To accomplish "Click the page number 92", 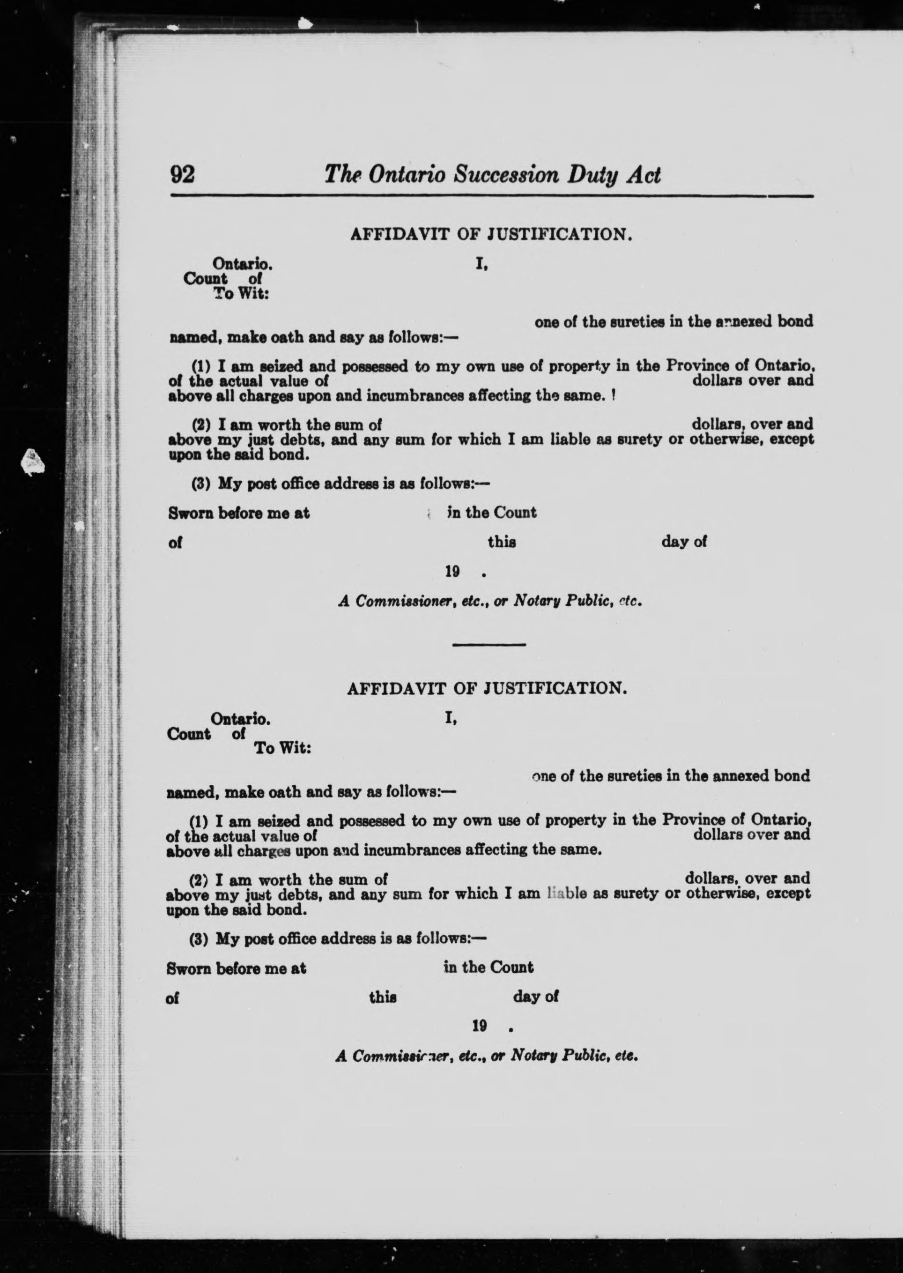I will point(182,175).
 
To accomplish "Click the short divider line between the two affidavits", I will point(489,645).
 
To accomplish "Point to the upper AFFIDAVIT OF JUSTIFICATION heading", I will point(491,235).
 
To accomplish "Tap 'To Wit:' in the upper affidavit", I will point(241,294).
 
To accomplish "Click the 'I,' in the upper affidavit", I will point(481,265).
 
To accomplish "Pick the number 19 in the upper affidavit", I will point(452,571).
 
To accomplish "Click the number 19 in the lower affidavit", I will point(479,1026).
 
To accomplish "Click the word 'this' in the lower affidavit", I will point(383,998).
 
